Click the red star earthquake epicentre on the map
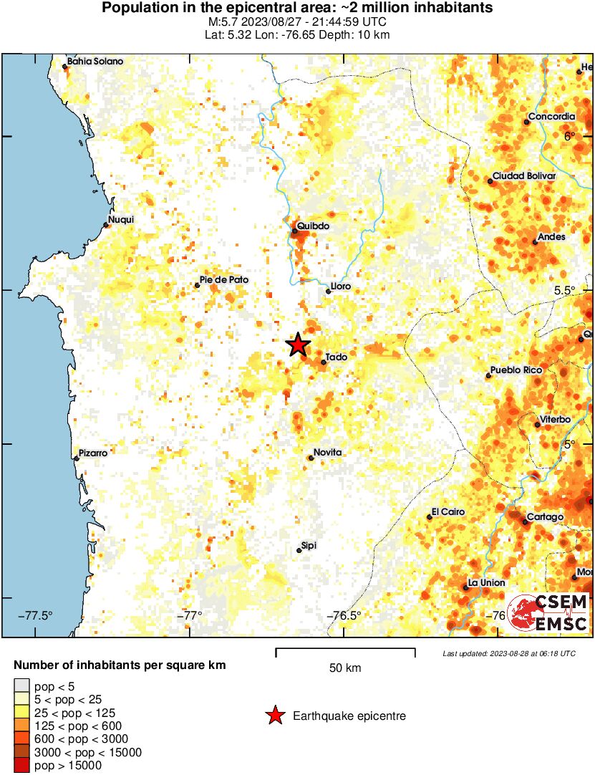(298, 345)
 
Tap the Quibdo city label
(314, 226)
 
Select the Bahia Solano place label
(95, 62)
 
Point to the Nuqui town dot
(106, 226)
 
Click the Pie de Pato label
(224, 280)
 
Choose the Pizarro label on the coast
(93, 453)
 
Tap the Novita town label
(328, 452)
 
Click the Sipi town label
(309, 545)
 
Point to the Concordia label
(551, 117)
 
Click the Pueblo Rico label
(516, 370)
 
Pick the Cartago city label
(545, 516)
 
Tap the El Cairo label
(448, 512)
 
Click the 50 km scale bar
(345, 651)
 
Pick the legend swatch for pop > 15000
(22, 766)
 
